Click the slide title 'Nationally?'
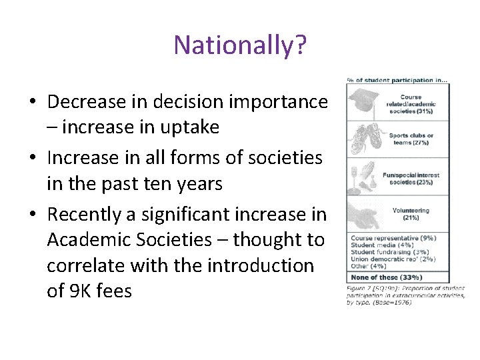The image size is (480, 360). click(x=240, y=45)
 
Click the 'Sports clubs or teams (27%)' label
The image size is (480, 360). click(x=411, y=139)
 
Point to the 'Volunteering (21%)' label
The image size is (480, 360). click(x=411, y=213)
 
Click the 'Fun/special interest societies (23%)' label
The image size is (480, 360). click(x=411, y=179)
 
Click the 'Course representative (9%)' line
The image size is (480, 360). click(x=393, y=238)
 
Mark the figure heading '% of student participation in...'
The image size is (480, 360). click(x=397, y=81)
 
